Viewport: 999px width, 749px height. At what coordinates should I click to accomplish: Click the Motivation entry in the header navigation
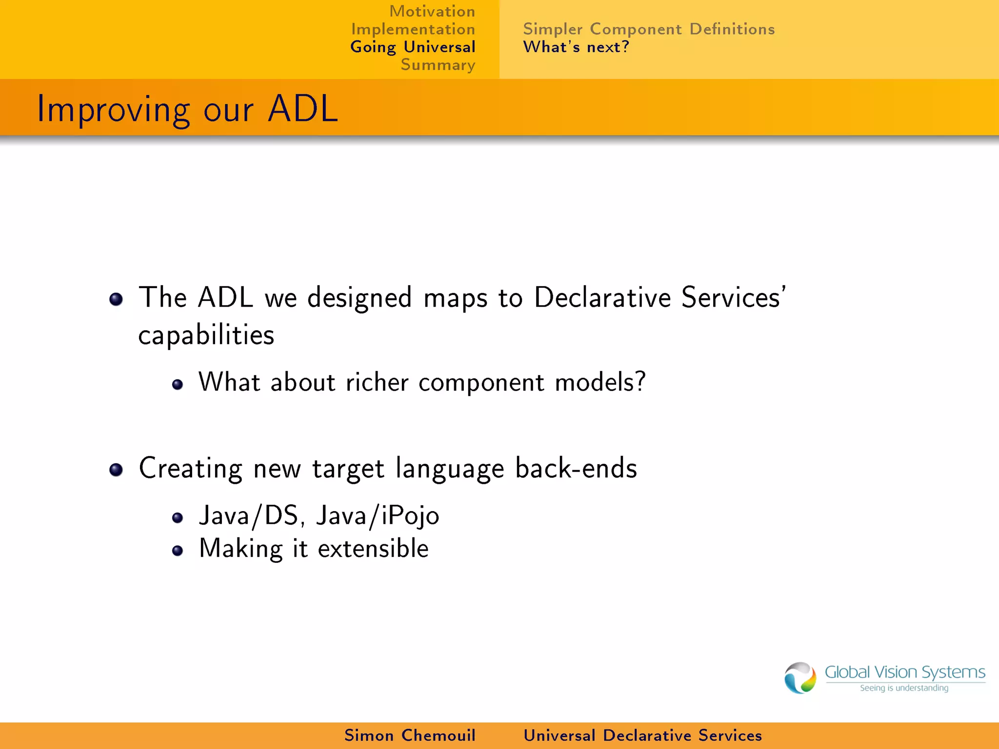[432, 11]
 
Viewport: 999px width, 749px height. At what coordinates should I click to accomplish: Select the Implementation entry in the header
[413, 29]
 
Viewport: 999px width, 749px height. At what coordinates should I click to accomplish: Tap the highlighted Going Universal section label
[412, 47]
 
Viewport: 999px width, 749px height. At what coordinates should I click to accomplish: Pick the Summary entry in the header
[438, 65]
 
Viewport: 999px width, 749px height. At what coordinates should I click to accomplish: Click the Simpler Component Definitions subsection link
[648, 29]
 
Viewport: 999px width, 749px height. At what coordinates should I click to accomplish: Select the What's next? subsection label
[576, 47]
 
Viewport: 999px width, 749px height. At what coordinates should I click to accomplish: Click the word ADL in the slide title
[302, 108]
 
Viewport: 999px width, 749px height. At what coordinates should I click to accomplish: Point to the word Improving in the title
[113, 110]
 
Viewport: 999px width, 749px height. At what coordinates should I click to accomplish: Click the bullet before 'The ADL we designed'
[116, 299]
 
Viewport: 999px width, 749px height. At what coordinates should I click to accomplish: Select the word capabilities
[206, 335]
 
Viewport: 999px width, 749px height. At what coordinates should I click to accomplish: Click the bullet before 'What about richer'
[178, 384]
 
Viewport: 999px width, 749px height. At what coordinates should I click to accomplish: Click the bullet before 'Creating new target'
[116, 470]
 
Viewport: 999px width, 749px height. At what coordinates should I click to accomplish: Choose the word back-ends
[576, 468]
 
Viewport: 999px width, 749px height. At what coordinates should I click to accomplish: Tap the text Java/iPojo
[377, 516]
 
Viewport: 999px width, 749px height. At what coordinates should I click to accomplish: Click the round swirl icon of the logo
[800, 678]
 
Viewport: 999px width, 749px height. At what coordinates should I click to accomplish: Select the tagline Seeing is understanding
[903, 688]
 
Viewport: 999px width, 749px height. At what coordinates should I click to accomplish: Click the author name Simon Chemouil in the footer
[409, 735]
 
